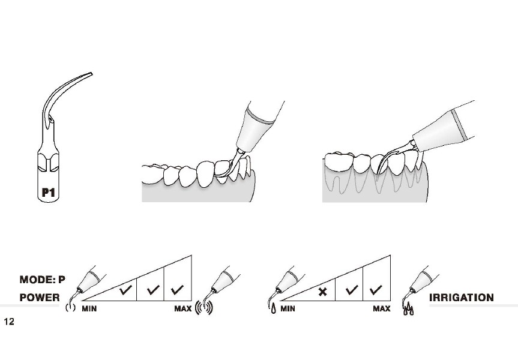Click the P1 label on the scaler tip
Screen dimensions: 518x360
point(48,192)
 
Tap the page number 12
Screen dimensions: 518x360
point(9,322)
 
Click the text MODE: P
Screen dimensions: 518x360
point(42,280)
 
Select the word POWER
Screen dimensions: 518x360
point(40,298)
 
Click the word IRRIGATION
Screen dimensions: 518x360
point(461,298)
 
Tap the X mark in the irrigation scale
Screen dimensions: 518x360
point(323,292)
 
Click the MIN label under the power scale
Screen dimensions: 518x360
point(89,309)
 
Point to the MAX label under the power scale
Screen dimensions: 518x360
point(183,309)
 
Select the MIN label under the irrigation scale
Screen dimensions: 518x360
point(288,309)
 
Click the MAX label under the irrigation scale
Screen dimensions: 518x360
point(382,309)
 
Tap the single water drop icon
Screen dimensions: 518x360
point(274,309)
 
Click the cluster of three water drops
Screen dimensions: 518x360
point(409,308)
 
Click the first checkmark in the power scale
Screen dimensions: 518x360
point(126,290)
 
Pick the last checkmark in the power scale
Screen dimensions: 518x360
point(178,290)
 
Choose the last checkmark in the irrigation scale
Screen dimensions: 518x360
point(376,290)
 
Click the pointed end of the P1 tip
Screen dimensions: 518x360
point(91,74)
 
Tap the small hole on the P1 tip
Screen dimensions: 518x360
point(50,118)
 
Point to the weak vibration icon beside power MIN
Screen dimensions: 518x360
point(70,307)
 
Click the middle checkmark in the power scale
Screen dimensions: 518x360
point(153,290)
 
